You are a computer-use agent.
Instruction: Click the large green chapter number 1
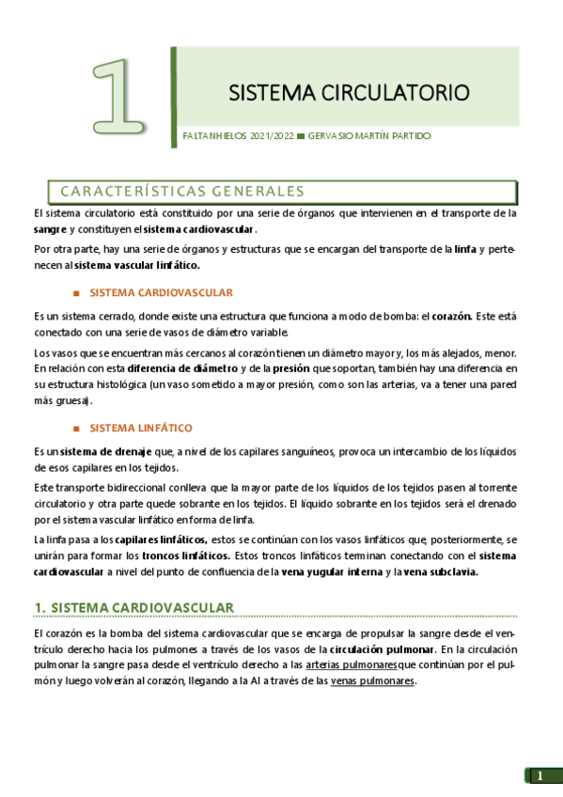(x=120, y=96)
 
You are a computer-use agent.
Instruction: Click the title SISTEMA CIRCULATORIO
(x=349, y=93)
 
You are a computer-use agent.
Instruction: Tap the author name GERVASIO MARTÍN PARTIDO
(x=370, y=136)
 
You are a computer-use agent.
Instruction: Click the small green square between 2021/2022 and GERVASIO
(x=301, y=136)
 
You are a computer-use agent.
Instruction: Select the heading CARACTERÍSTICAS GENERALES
(x=182, y=192)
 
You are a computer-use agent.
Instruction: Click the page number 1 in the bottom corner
(x=540, y=775)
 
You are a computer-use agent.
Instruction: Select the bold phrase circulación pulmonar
(x=380, y=649)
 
